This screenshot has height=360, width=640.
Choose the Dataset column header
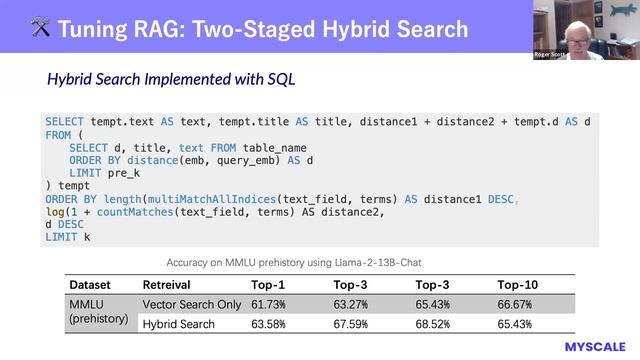(90, 284)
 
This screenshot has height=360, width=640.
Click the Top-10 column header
(518, 284)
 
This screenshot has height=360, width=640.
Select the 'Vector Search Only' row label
(192, 304)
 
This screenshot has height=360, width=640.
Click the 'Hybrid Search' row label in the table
(179, 324)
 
